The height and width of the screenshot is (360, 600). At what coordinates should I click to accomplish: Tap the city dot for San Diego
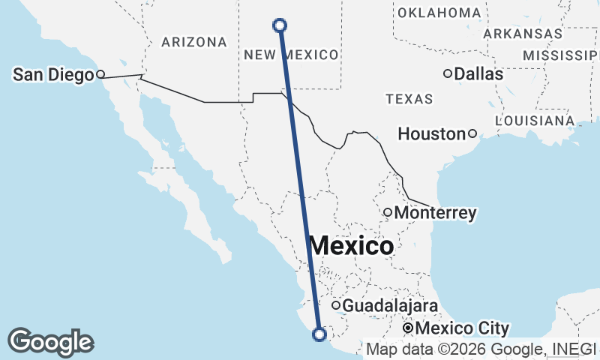point(100,74)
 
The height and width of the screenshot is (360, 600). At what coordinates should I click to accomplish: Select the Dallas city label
point(478,74)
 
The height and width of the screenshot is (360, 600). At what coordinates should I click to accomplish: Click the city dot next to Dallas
point(448,73)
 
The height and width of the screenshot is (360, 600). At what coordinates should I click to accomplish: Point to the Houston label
point(431,134)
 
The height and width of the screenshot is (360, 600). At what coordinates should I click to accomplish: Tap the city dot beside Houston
point(472,133)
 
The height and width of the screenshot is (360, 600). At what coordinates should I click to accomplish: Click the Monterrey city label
point(435,213)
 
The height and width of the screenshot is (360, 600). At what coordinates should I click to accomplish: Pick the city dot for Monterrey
point(388,212)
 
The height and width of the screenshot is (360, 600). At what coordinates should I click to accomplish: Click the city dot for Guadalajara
point(337,305)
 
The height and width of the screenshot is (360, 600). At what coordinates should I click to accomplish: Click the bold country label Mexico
point(351,246)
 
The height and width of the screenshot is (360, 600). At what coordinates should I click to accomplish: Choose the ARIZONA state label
point(193,42)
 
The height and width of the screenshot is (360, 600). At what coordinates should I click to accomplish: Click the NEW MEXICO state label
point(291,55)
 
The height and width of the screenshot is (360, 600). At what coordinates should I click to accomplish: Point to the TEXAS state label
point(409,99)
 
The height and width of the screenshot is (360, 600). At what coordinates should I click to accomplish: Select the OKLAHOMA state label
point(439,13)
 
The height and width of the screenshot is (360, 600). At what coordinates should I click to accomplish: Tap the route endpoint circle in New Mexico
point(280,25)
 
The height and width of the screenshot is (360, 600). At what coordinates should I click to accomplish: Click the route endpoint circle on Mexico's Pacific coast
point(319,334)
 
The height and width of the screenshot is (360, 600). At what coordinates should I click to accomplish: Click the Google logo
point(50,342)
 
